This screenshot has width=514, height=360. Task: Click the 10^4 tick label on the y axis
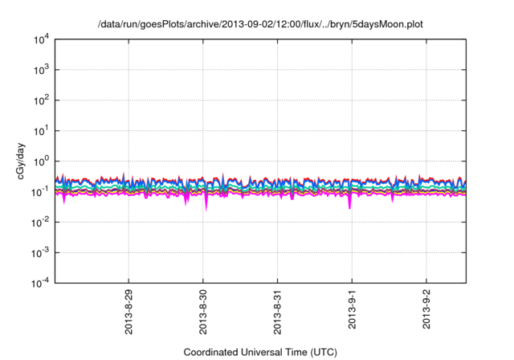tap(41, 39)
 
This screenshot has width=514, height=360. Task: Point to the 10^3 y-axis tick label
tap(41, 69)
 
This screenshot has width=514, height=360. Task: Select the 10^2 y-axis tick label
tap(41, 100)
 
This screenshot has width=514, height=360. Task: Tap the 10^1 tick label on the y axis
tap(41, 130)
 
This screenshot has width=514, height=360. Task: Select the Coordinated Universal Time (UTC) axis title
tap(260, 352)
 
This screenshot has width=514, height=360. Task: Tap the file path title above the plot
tap(260, 24)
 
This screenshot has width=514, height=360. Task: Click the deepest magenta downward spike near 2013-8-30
tap(206, 207)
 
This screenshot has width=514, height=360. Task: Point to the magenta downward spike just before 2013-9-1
tap(349, 206)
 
